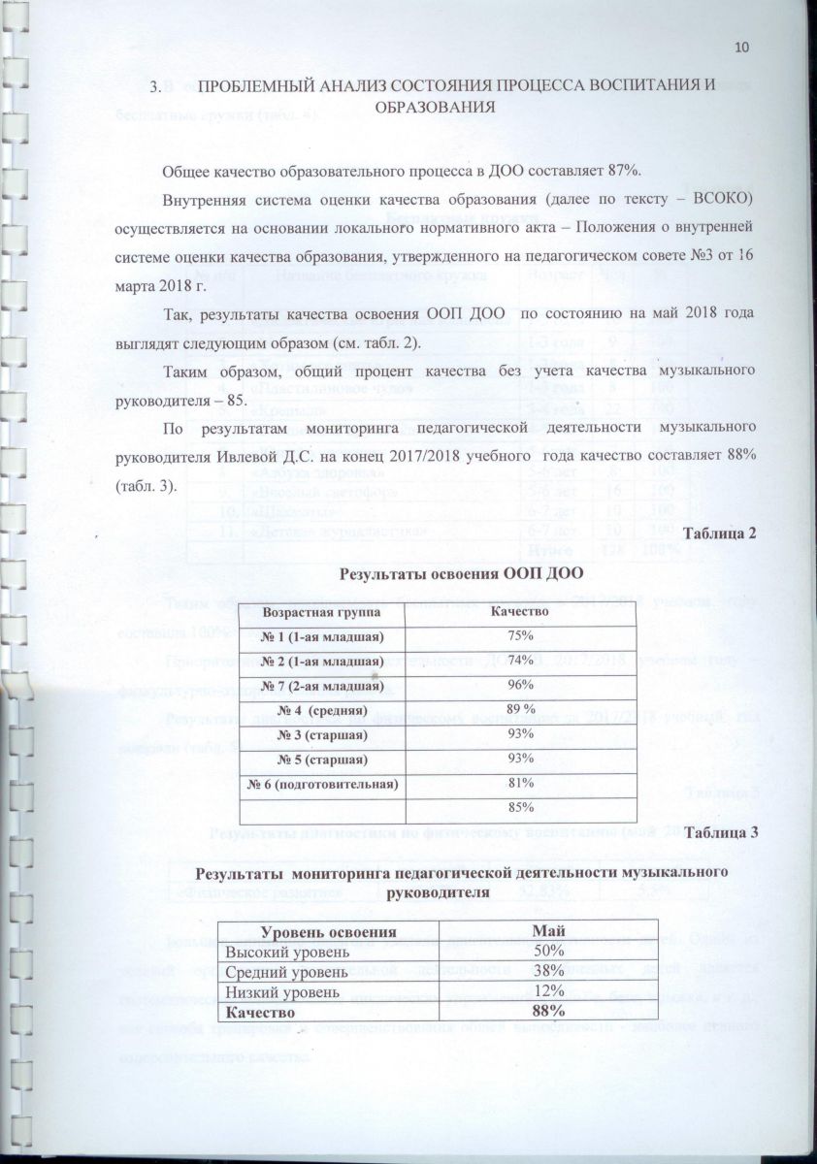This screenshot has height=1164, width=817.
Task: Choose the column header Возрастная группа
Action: tap(323, 613)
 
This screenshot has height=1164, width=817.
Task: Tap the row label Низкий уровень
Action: tap(282, 993)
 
